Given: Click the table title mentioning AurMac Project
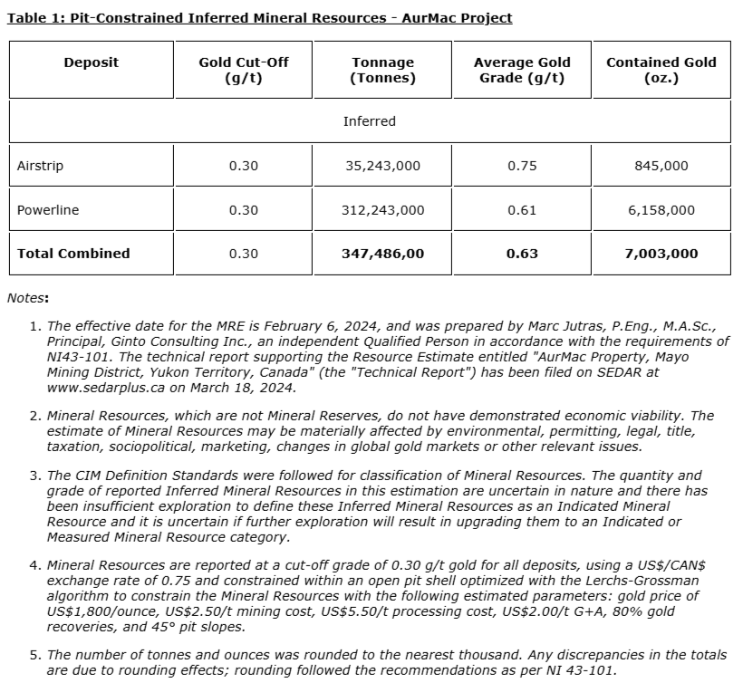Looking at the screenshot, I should coord(259,18).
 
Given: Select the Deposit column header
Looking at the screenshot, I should coord(91,63).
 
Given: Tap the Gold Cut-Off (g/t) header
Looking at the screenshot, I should coord(243,70).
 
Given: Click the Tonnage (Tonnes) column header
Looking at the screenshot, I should coord(382,70).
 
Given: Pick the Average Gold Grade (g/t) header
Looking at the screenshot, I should coord(522,70).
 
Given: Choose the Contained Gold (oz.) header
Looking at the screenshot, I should coord(661,70).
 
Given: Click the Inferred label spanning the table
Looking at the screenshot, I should coord(370,121).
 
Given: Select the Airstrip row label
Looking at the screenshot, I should coord(40,166).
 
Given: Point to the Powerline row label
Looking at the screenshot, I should coord(48,210).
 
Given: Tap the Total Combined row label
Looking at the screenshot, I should coord(73,254).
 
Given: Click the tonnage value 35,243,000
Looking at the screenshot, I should coord(382,166).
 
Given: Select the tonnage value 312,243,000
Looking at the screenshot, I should coord(382,210).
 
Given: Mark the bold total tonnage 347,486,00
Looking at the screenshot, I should coord(382,254).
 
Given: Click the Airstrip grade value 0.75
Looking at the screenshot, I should coord(522,166).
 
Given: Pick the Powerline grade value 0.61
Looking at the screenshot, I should coord(522,210).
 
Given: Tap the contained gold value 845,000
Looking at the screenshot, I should coord(661,166).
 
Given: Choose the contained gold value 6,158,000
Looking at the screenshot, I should coord(661,210).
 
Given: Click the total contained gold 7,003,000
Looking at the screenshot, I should coord(661,254).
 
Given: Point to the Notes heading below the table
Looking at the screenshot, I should coord(28,297).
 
